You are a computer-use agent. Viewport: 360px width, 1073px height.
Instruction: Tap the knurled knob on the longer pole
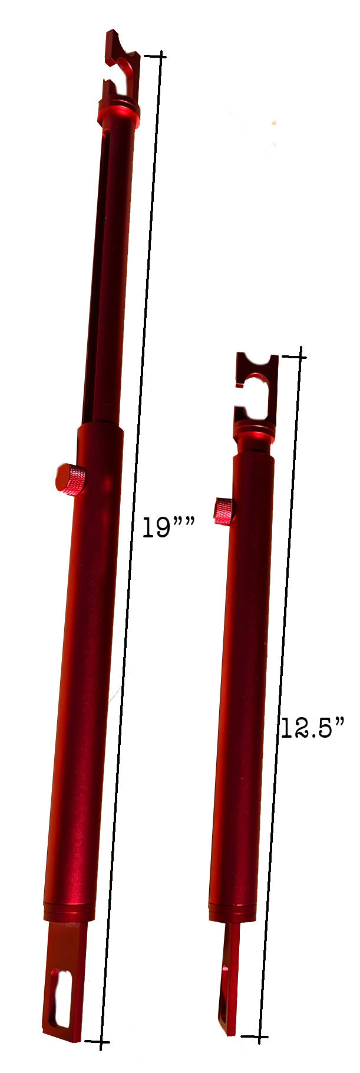tap(71, 479)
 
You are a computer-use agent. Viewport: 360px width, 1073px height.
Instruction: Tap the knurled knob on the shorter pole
tap(224, 511)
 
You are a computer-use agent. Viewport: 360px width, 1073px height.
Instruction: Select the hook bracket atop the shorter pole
tap(257, 386)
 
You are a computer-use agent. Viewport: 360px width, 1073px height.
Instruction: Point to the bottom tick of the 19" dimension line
tap(98, 1042)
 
